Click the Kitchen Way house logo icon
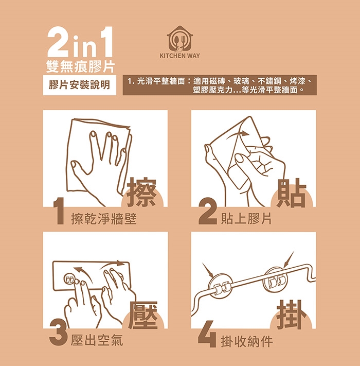(x=180, y=39)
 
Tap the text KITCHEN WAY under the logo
(x=180, y=56)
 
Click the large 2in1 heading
(x=80, y=42)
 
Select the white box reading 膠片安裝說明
(x=80, y=85)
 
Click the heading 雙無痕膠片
(x=80, y=66)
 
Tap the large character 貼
(x=291, y=193)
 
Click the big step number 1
(x=59, y=211)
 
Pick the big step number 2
(x=207, y=211)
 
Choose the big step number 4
(x=207, y=334)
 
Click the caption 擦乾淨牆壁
(x=104, y=219)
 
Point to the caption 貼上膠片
(x=246, y=218)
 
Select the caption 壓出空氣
(x=97, y=340)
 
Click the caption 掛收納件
(x=247, y=341)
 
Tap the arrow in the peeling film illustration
(x=237, y=134)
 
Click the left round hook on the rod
(x=220, y=286)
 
